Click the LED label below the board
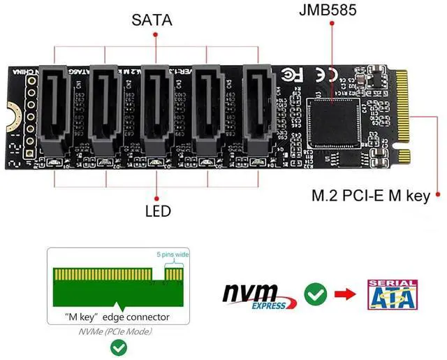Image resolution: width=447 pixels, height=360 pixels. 158,210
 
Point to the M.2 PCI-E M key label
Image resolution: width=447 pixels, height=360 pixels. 370,196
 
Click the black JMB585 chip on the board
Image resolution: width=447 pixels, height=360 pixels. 334,123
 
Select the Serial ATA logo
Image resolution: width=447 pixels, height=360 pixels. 393,294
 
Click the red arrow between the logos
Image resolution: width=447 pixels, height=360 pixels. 344,295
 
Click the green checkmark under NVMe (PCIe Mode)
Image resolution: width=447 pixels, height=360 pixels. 119,347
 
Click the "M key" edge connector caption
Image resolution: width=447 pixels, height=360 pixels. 117,317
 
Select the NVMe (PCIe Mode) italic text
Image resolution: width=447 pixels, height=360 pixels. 117,331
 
